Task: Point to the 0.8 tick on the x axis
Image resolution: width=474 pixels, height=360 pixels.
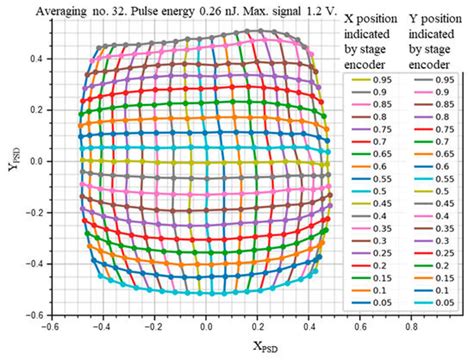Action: (x=411, y=327)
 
